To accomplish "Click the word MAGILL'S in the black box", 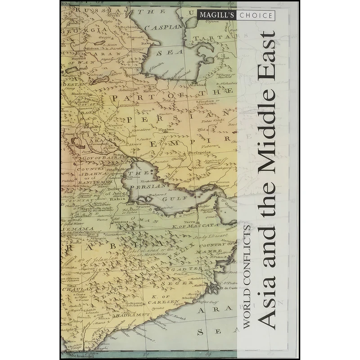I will click(215, 16).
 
